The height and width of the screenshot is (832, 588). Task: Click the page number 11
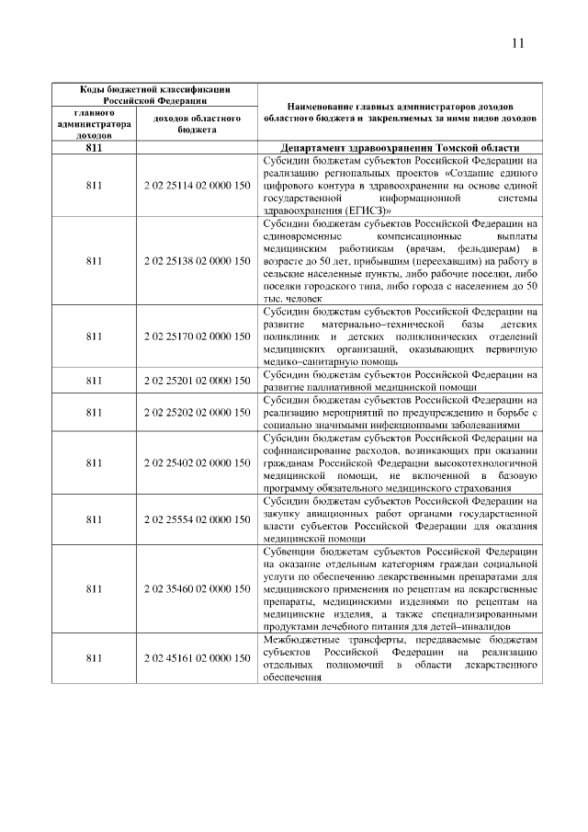[x=517, y=43]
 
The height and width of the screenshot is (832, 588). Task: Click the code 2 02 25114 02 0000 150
[x=198, y=185]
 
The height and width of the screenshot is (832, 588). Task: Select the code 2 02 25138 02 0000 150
[x=198, y=261]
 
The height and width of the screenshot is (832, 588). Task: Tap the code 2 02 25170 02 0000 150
[x=198, y=337]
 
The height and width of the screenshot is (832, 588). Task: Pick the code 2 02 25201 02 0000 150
[x=198, y=381]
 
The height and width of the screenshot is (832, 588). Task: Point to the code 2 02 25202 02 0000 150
[x=198, y=413]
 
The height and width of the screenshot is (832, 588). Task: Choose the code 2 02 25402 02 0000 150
[x=198, y=462]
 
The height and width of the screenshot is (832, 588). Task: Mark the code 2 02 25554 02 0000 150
[x=198, y=519]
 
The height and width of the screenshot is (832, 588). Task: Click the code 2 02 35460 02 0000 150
[x=198, y=587]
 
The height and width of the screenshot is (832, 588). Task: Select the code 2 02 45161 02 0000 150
[x=198, y=658]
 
